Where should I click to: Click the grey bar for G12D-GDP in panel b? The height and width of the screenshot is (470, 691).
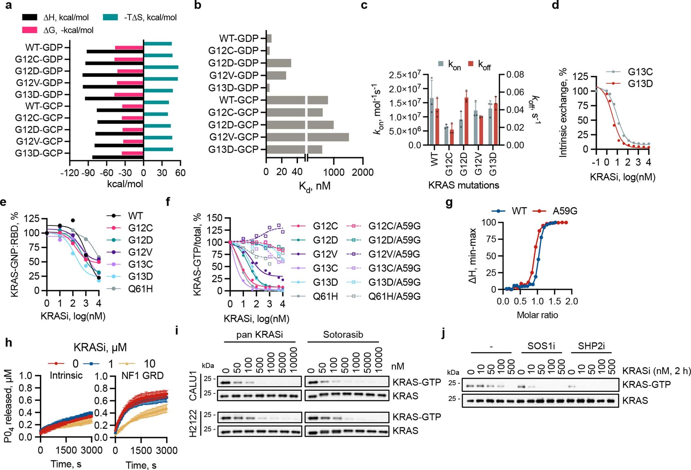click(279, 63)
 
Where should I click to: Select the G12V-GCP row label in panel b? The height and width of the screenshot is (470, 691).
click(234, 137)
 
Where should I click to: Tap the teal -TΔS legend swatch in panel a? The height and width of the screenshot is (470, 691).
click(110, 17)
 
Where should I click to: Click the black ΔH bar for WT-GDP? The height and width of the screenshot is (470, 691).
click(115, 52)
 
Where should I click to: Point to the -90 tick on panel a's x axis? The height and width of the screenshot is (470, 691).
click(89, 172)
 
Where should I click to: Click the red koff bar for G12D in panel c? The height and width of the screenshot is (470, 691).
click(466, 121)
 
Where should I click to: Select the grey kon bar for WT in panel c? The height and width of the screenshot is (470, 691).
click(432, 121)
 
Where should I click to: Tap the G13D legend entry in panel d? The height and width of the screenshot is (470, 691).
click(640, 84)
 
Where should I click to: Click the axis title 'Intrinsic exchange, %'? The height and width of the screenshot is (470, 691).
click(563, 113)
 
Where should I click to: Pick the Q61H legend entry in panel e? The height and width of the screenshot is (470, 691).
click(140, 289)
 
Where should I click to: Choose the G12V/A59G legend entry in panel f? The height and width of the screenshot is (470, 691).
click(394, 254)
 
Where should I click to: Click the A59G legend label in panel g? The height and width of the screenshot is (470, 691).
click(565, 211)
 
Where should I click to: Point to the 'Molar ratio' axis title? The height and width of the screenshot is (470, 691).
click(537, 315)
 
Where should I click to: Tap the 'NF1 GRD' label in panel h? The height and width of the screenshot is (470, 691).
click(142, 375)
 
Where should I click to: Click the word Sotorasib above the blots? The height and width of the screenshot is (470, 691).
click(343, 334)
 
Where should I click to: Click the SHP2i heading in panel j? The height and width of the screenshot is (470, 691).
click(591, 346)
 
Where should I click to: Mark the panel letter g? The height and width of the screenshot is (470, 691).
click(449, 203)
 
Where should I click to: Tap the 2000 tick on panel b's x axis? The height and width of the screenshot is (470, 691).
click(362, 172)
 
